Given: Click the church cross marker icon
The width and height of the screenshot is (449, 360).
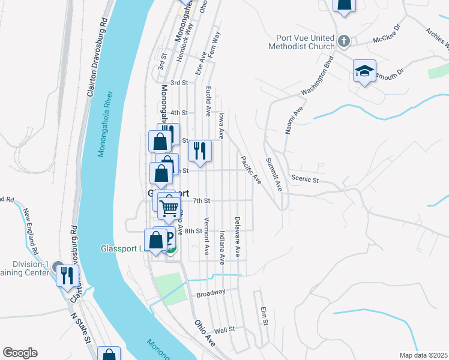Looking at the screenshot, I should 343,41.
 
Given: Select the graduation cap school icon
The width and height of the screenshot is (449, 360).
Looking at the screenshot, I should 364,71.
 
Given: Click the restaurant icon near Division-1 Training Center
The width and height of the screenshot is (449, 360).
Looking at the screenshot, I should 67,275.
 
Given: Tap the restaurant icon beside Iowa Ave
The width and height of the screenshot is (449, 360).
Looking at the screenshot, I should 200,151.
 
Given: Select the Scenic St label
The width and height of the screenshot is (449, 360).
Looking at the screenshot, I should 304,179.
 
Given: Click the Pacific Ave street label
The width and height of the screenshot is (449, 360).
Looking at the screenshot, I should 251,170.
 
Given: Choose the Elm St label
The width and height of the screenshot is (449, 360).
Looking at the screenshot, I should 263,316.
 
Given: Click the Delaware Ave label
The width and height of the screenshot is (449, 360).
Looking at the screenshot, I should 238,237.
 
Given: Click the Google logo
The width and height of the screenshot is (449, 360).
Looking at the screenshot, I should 20,353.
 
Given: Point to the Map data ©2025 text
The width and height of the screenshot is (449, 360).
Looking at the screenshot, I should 423,355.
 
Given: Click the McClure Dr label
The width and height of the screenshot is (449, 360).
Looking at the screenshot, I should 386,34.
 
